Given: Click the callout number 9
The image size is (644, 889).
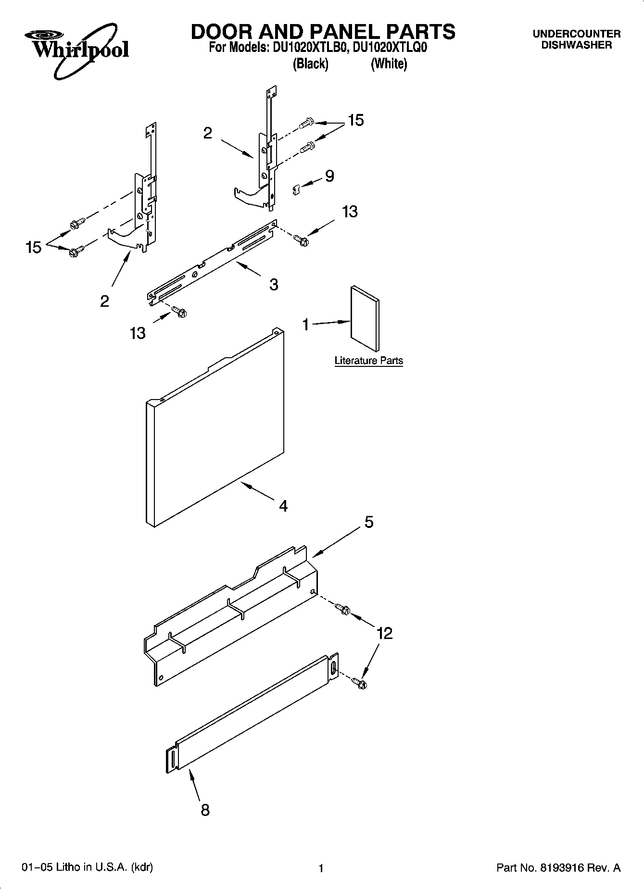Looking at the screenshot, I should pos(329,176).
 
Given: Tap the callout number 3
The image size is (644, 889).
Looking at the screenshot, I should pos(274,285).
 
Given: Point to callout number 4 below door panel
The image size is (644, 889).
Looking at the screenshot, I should pos(283,506).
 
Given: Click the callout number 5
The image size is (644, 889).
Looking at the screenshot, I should pos(369,522).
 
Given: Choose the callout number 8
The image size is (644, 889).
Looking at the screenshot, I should pos(205,811).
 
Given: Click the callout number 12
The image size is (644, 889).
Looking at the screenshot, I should pos(385,633).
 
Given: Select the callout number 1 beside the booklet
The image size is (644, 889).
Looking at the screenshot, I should pos(306,325).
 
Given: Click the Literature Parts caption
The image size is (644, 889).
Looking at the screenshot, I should pos(368,361).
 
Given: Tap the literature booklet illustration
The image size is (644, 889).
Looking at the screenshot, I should pos(365,319).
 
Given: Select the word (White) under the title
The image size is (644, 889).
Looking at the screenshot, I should pos(389,64).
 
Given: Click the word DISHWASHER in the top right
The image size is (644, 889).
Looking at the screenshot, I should pos(576,45).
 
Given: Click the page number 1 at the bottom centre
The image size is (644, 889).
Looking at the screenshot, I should pos(321,868).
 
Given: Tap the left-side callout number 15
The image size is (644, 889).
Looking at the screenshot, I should pos(33,248).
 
